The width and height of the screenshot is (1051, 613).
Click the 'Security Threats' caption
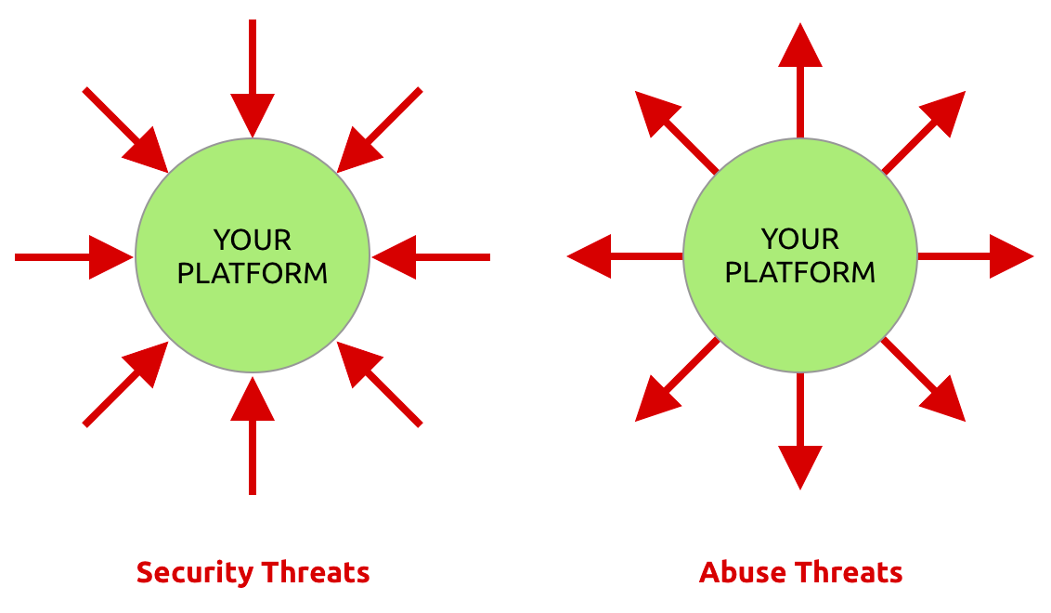tap(253, 572)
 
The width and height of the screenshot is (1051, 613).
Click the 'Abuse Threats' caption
tap(800, 572)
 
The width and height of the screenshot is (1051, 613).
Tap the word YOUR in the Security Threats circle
tap(253, 241)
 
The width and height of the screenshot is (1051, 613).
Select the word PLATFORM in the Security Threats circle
tap(253, 273)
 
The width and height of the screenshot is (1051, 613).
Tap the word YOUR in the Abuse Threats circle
tap(800, 240)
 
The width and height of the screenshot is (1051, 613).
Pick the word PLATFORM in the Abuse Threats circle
tap(800, 272)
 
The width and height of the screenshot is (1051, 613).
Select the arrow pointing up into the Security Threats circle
tap(253, 437)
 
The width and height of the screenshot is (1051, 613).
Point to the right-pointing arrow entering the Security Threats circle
tap(74, 256)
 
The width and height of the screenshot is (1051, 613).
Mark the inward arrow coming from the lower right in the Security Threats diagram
tap(381, 385)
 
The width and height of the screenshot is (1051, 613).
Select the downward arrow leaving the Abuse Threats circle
tap(800, 432)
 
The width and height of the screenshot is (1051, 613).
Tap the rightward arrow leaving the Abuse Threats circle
tap(975, 256)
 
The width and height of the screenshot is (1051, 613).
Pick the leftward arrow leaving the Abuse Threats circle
tap(624, 256)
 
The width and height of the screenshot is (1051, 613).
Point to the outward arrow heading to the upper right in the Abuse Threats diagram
tap(924, 132)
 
